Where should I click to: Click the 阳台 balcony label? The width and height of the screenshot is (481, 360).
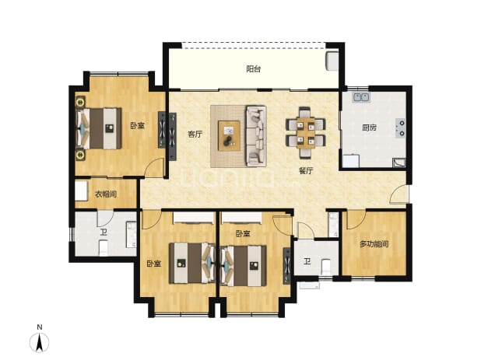click(x=254, y=69)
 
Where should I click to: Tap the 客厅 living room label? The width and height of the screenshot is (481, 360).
click(x=195, y=135)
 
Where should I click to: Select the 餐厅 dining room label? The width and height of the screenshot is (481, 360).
click(x=306, y=171)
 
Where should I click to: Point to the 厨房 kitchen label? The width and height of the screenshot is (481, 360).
click(x=369, y=128)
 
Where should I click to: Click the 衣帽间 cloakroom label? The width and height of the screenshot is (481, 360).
click(x=106, y=194)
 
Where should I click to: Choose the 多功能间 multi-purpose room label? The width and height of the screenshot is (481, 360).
click(x=374, y=244)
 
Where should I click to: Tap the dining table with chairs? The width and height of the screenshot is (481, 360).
click(x=306, y=133)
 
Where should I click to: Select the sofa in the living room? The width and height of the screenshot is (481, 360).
click(x=255, y=136)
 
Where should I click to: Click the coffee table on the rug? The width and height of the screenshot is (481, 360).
click(x=229, y=135)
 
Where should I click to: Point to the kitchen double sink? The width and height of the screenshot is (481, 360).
click(x=361, y=97)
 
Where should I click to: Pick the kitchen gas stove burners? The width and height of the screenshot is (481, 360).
click(x=401, y=128)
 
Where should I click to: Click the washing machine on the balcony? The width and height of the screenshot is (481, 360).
click(x=332, y=61)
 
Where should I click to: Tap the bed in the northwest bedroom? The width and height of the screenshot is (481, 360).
click(x=99, y=128)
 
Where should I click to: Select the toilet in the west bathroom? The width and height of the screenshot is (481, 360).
click(x=104, y=248)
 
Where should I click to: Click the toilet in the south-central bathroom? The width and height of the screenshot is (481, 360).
click(x=325, y=267)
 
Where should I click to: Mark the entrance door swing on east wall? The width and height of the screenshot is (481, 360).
click(x=399, y=195)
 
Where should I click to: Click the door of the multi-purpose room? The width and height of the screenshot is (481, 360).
click(x=356, y=220)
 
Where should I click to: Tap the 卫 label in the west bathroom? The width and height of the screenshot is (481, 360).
click(x=104, y=232)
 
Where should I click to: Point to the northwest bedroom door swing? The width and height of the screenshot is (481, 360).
click(x=154, y=168)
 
